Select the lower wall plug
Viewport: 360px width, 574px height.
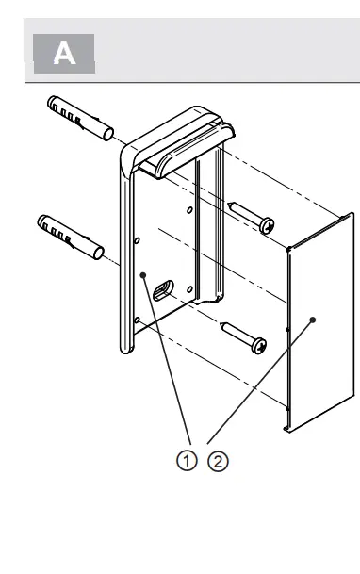coord(71,233)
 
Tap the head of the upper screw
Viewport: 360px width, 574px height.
coord(268,224)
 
